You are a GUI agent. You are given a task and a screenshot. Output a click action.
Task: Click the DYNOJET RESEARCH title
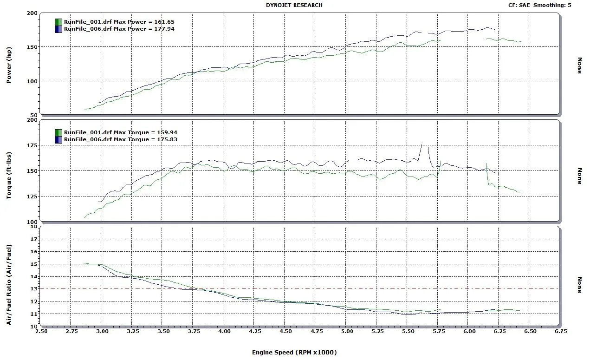pos(294,5)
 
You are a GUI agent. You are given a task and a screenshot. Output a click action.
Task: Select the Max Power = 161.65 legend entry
pos(119,22)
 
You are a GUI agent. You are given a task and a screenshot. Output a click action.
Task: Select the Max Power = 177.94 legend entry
pos(119,29)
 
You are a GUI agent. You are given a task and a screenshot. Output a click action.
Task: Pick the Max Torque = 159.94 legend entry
pos(120,132)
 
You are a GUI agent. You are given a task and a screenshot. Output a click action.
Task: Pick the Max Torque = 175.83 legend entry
pos(120,139)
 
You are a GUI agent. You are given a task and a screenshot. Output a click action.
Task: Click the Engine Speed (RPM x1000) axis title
pos(294,352)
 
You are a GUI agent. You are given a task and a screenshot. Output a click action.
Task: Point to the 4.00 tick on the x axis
pos(224,332)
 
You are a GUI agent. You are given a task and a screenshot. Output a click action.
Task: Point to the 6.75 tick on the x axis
pos(560,332)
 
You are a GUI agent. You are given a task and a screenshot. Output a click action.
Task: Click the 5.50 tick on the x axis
pos(408,332)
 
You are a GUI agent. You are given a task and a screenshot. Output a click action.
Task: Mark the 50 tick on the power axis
pos(33,115)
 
